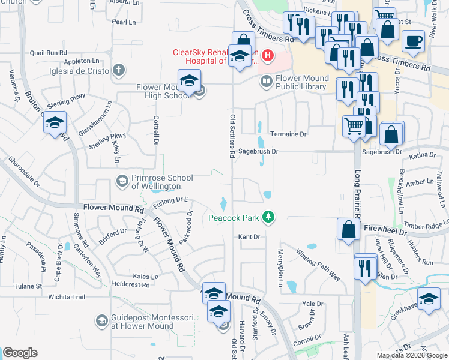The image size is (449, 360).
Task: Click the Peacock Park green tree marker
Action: click(270, 217)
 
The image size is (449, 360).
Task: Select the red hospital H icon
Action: click(268, 57)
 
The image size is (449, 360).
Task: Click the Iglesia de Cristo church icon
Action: click(119, 70)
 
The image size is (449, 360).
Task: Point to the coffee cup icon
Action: click(413, 42)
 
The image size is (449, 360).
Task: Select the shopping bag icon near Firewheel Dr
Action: click(349, 229)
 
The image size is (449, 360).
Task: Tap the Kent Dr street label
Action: click(249, 237)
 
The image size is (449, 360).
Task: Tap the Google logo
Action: click(20, 353)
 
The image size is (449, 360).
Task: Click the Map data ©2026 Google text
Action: click(412, 355)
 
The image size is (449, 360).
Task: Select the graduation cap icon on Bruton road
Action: click(55, 124)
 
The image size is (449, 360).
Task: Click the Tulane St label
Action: click(29, 286)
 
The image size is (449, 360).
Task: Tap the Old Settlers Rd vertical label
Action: click(232, 135)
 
